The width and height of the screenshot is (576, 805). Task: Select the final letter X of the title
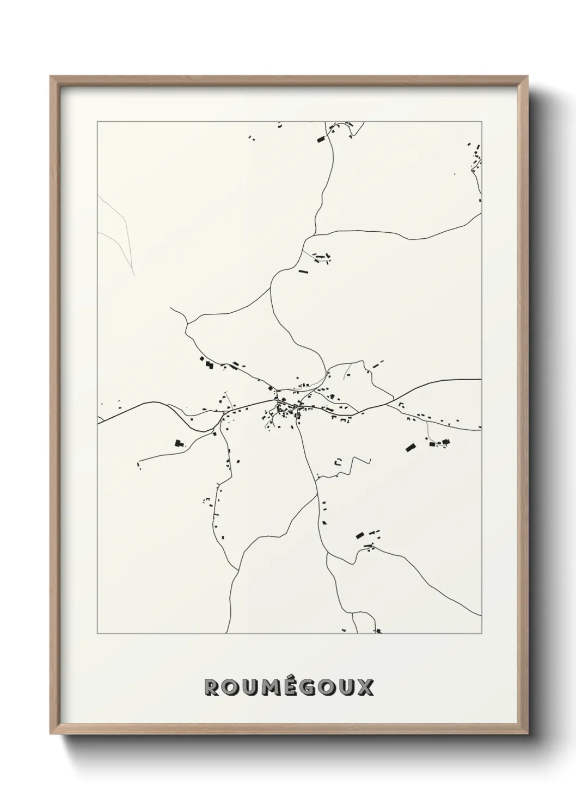tap(366, 687)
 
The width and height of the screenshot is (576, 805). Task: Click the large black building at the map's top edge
tap(321, 140)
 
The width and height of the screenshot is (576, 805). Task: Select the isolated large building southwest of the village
tap(178, 443)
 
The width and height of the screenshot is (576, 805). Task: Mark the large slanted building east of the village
tap(410, 448)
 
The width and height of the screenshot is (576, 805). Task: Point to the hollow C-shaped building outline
tap(338, 462)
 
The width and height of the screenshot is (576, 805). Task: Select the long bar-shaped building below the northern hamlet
tap(303, 270)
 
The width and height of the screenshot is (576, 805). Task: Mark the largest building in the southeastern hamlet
tap(359, 535)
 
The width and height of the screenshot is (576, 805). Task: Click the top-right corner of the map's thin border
tap(481, 122)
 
